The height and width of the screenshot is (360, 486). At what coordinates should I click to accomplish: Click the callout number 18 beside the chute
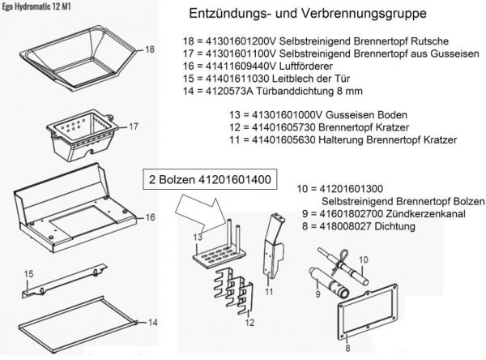(148, 50)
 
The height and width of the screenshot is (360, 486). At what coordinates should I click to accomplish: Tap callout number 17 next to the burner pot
(134, 126)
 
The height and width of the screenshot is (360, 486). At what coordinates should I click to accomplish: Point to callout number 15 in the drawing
(27, 274)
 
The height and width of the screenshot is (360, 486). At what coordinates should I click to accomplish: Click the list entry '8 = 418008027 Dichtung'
(356, 227)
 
